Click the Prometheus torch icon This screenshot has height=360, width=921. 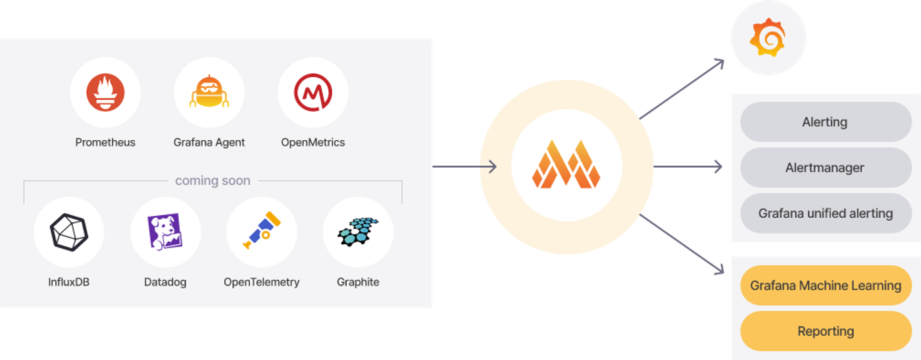tap(105, 92)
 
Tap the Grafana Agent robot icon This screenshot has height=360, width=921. tap(209, 91)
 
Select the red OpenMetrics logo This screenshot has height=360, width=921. tap(313, 92)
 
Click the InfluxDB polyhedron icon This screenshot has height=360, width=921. tap(68, 232)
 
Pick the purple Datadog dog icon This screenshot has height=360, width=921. tap(165, 231)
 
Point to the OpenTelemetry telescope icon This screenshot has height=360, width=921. tap(262, 230)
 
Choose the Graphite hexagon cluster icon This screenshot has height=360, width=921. tap(358, 232)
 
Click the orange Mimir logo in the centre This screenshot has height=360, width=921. tap(566, 164)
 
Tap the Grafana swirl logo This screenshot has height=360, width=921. tap(768, 37)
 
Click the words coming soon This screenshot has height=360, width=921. tap(212, 180)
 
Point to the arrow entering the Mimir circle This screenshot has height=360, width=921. tap(464, 167)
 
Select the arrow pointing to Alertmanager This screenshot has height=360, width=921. tap(688, 167)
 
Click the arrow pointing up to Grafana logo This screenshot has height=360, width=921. tap(682, 89)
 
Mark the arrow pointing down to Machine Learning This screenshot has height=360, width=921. tap(682, 244)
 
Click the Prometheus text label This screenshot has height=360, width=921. tap(105, 142)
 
